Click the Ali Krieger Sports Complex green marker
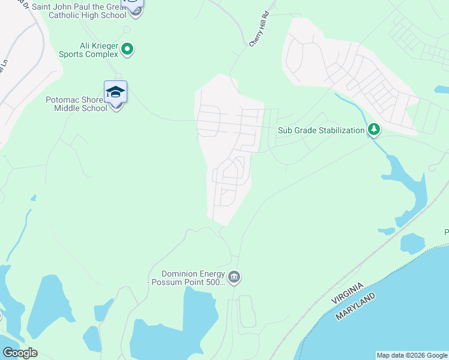click(x=127, y=49)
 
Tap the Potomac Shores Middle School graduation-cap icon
click(x=115, y=92)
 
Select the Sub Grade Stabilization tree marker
click(x=374, y=130)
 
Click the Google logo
click(x=20, y=352)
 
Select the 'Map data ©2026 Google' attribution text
click(x=412, y=355)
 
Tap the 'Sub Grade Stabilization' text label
click(x=321, y=130)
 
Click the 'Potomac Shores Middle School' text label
click(x=77, y=104)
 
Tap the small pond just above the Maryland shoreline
click(x=412, y=243)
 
